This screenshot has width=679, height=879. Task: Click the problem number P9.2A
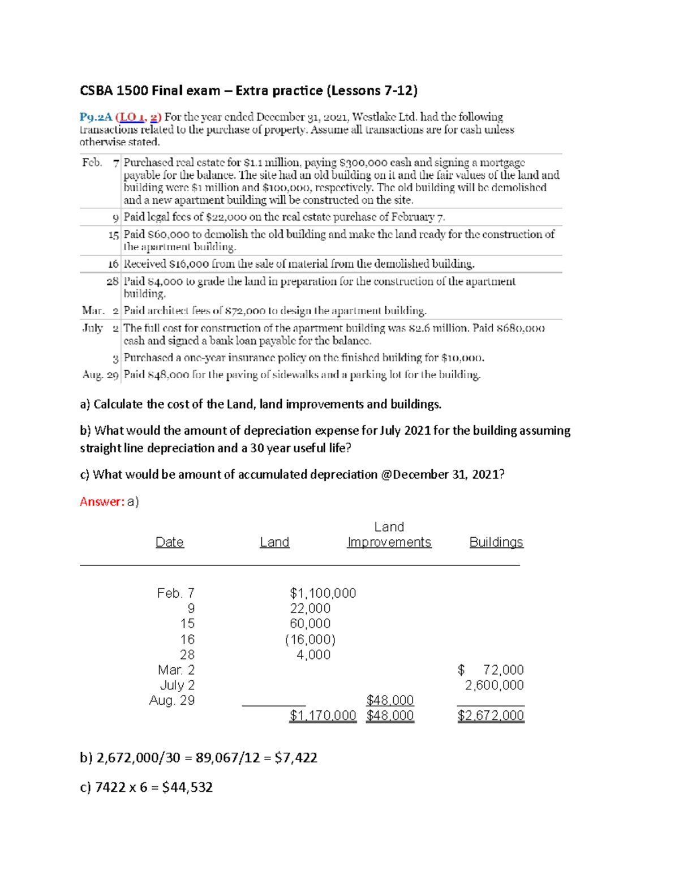(96, 117)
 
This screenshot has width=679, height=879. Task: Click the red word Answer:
(102, 501)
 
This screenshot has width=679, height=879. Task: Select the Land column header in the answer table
(274, 542)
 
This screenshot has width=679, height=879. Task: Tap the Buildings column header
(496, 542)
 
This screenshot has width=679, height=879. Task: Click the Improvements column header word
(389, 542)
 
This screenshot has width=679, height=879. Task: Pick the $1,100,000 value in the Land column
(323, 593)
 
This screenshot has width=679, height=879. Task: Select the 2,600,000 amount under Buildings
(494, 685)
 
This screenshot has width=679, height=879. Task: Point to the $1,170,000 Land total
(323, 716)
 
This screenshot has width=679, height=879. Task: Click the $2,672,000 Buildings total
(491, 716)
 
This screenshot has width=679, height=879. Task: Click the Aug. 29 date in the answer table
(172, 701)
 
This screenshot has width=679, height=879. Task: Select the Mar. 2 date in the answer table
(176, 670)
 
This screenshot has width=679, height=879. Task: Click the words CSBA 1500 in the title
(114, 91)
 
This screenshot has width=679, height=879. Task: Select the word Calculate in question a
(118, 404)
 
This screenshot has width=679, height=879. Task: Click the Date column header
(169, 542)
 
